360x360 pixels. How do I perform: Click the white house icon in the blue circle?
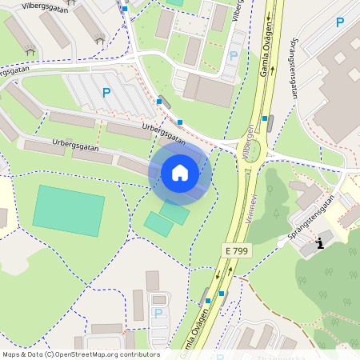click(180, 172)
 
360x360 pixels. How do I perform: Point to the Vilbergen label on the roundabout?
click(248, 142)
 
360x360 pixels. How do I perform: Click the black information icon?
click(321, 242)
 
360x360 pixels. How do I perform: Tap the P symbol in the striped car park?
click(106, 93)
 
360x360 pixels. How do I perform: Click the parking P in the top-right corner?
click(340, 23)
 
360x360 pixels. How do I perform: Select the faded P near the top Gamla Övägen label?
click(234, 56)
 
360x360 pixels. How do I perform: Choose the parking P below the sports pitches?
click(158, 313)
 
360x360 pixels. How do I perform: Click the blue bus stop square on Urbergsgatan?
click(180, 122)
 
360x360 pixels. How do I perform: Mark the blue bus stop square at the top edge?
click(125, 9)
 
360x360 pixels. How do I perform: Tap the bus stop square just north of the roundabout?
click(265, 117)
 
